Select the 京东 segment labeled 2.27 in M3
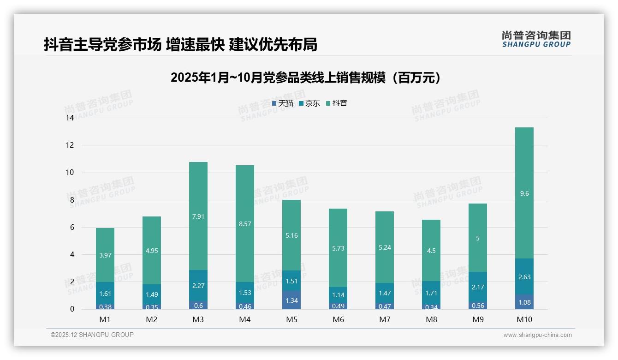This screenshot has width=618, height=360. (198, 286)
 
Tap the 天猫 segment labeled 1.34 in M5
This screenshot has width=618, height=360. (291, 300)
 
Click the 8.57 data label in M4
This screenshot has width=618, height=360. (245, 224)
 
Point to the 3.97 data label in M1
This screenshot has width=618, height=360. (105, 255)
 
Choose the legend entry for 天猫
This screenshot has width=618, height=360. (283, 103)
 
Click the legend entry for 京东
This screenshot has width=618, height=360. (309, 103)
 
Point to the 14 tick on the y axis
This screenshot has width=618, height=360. (70, 118)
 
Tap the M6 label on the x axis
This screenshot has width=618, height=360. (338, 319)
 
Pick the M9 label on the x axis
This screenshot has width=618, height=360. (477, 319)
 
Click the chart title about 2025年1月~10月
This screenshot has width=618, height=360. (305, 78)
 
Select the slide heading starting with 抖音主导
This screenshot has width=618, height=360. (180, 45)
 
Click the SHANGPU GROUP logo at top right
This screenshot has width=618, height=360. (536, 39)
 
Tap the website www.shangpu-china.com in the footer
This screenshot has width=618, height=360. (537, 335)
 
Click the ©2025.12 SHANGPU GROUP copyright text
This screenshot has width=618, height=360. (92, 335)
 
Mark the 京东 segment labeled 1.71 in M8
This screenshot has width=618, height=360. (431, 293)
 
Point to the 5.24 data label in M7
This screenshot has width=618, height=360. (384, 247)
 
